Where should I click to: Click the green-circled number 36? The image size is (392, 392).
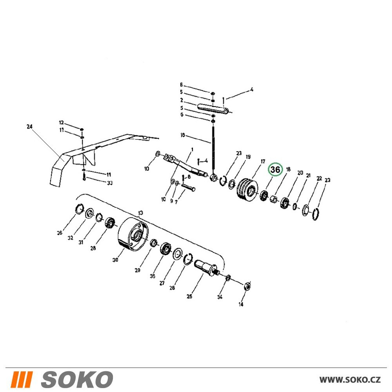coord(275,170)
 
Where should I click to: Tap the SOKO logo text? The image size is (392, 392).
coord(77,379)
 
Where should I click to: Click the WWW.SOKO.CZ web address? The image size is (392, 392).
coord(350,380)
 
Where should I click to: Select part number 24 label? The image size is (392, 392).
coord(29,127)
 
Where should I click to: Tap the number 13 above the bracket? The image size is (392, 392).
coord(140,213)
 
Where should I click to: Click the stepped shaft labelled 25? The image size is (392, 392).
coord(206,268)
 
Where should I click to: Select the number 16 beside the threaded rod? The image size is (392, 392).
coord(183,135)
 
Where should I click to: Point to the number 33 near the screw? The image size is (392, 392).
coord(109,183)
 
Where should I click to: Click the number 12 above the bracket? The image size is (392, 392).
coord(61,122)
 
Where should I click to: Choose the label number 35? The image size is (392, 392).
coord(152,276)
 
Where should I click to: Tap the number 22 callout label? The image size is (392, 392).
coord(319,178)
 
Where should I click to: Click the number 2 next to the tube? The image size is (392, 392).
coord(182,100)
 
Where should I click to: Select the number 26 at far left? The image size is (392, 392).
coord(60,233)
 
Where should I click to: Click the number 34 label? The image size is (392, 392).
coord(220,297)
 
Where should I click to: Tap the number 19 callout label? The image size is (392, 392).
coord(248,157)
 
